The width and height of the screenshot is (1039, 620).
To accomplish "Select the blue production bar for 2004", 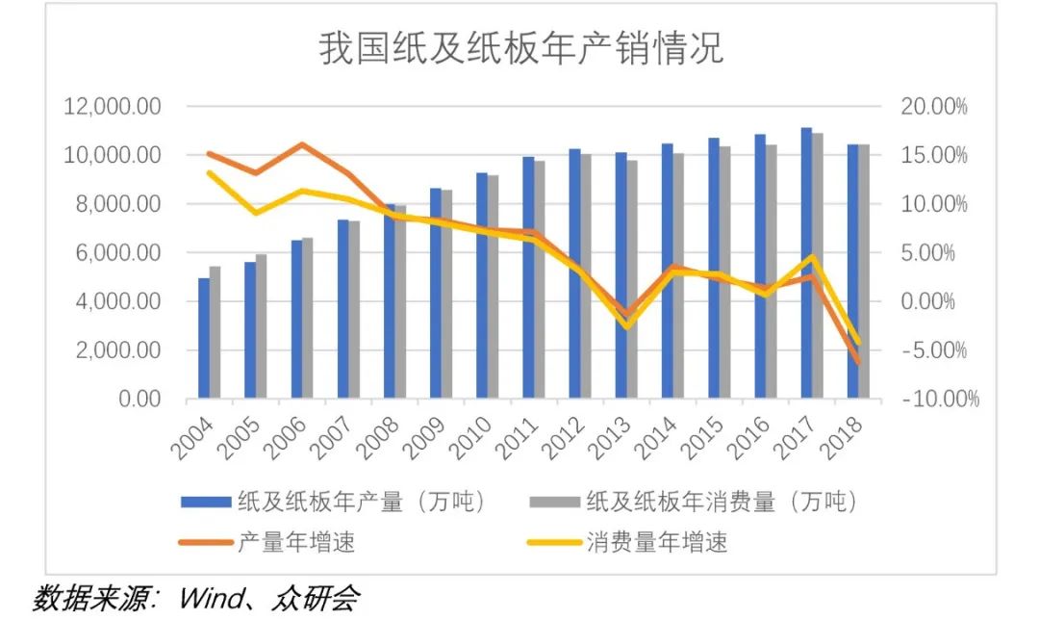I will click(204, 338).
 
